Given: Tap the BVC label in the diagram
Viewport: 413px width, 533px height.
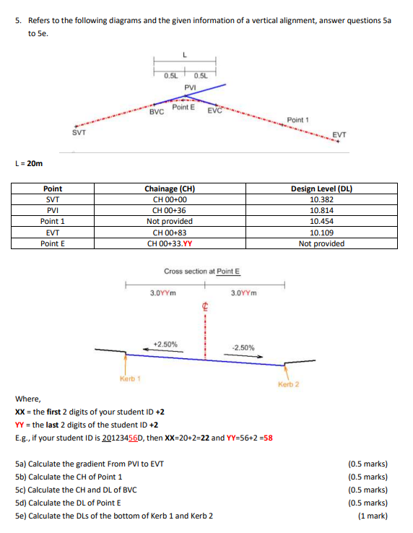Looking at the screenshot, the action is pyautogui.click(x=156, y=113).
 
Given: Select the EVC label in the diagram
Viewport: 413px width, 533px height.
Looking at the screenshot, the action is pyautogui.click(x=215, y=110).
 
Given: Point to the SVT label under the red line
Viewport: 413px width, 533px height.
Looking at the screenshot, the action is pyautogui.click(x=79, y=132).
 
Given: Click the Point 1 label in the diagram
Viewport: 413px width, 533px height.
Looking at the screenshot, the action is pyautogui.click(x=297, y=119).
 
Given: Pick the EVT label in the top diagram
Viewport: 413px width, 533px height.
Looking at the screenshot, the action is pyautogui.click(x=339, y=134).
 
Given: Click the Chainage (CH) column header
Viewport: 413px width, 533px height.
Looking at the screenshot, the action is pyautogui.click(x=170, y=188).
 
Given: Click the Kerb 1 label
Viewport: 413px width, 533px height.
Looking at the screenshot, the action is pyautogui.click(x=130, y=378).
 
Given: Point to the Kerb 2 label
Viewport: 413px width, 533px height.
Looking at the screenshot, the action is pyautogui.click(x=287, y=384).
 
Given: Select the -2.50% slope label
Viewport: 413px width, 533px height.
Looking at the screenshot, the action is pyautogui.click(x=243, y=347).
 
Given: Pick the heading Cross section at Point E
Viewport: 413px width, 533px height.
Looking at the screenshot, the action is pyautogui.click(x=202, y=272).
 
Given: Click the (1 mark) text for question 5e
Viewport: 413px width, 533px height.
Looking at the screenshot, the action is pyautogui.click(x=373, y=516).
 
